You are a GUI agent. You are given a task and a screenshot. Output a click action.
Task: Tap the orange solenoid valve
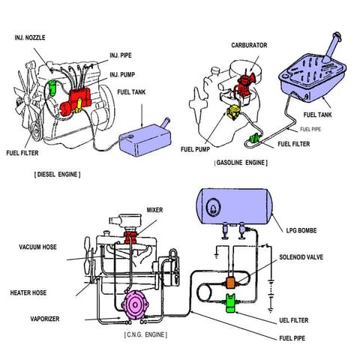[232, 283]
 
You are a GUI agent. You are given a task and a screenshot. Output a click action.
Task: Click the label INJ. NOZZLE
[34, 37]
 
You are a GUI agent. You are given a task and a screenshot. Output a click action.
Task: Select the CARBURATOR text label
[250, 46]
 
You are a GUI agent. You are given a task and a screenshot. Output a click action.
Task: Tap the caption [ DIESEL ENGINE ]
[58, 174]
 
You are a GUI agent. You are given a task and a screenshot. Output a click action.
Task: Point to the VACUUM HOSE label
[38, 247]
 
